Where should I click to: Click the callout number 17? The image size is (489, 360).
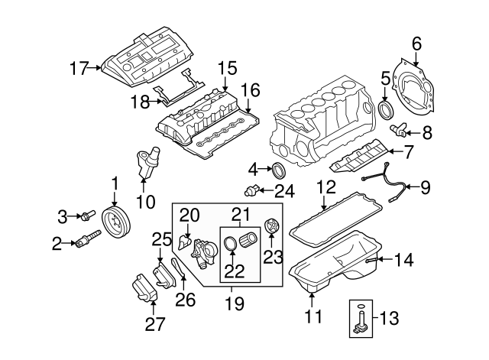[x=79, y=68]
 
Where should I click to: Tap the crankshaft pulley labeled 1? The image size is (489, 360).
[x=117, y=222]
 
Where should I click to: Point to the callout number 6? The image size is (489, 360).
[x=416, y=44]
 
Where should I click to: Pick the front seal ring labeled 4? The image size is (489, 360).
[x=278, y=170]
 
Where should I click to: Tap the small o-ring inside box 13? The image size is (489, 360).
[x=360, y=306]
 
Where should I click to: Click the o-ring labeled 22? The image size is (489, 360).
[x=231, y=243]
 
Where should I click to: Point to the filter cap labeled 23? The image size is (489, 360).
[x=271, y=225]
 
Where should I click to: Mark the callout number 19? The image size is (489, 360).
[x=235, y=303]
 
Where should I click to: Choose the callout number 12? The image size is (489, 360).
[x=326, y=186]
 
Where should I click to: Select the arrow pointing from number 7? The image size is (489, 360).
[x=395, y=151]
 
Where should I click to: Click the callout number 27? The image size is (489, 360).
[x=155, y=324]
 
